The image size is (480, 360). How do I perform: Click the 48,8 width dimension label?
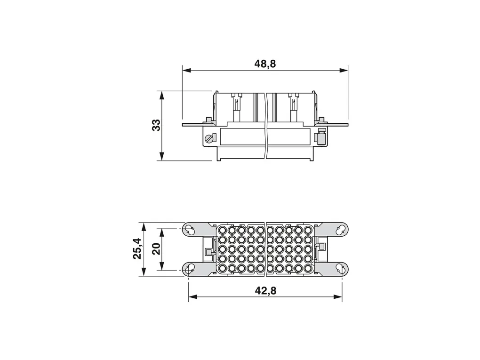pos(265,64)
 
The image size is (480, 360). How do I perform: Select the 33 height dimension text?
pos(156,125)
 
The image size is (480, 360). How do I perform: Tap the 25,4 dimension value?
pos(137,248)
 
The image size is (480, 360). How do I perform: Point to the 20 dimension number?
pos(156,248)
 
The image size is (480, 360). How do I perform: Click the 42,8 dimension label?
pos(265,290)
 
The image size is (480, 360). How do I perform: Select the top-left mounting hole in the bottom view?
pos(189,229)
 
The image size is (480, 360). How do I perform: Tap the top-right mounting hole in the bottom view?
pos(340,229)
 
